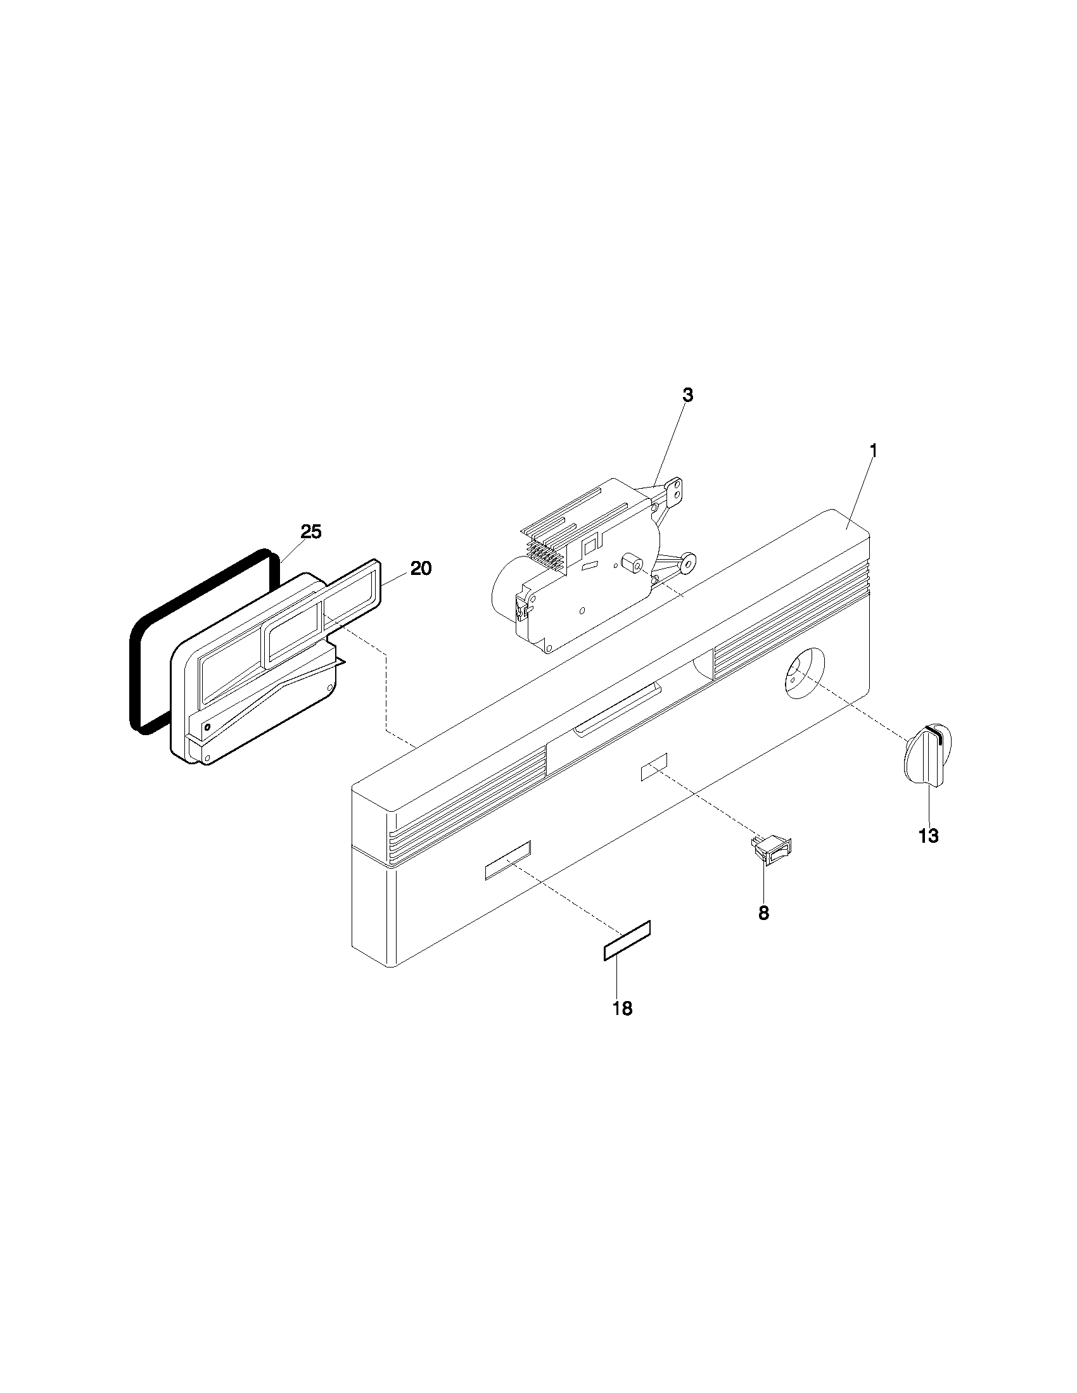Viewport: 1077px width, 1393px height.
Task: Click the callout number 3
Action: coord(687,395)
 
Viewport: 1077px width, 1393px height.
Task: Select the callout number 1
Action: coord(874,451)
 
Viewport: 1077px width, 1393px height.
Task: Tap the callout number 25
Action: coord(311,531)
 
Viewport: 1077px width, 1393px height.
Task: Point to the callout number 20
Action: coord(421,568)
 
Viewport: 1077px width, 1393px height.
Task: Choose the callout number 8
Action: coord(763,912)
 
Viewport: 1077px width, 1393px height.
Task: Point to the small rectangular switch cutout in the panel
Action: coord(654,766)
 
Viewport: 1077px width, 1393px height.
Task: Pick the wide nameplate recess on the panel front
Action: coord(508,860)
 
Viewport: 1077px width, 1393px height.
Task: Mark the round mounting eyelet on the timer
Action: coord(688,561)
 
